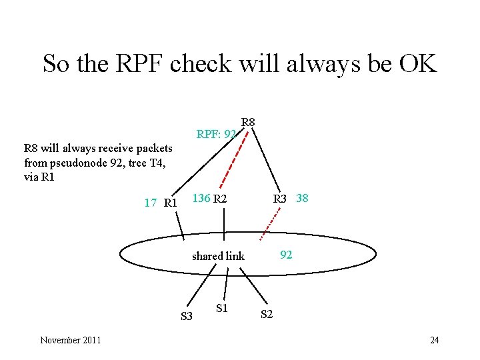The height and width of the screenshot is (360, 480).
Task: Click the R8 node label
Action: [x=248, y=122]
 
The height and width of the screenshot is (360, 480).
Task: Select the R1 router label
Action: [x=170, y=202]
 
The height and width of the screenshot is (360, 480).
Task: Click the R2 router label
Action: [x=220, y=198]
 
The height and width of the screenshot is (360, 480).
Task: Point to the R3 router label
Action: [x=279, y=198]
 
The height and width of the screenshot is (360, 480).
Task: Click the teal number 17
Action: [x=151, y=202]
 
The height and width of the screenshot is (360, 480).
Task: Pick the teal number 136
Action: [x=201, y=198]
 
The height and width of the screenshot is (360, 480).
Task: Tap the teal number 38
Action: [x=301, y=198]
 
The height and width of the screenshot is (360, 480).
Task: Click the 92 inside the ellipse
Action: [x=286, y=254]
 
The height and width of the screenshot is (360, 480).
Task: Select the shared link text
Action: [x=218, y=256]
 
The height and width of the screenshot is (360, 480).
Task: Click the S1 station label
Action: [x=223, y=307]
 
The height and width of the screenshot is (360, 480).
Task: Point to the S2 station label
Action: [x=266, y=314]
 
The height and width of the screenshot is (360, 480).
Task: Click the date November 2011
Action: [x=71, y=340]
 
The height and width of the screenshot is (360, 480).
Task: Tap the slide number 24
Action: [x=434, y=340]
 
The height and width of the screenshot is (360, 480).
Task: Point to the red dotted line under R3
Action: [x=270, y=221]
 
